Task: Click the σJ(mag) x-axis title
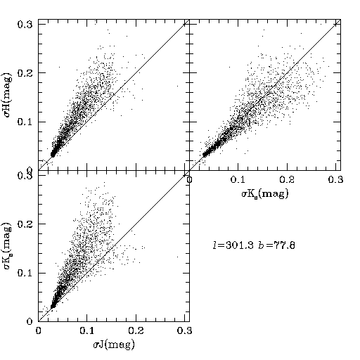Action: click(x=114, y=345)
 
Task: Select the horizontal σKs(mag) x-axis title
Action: click(x=265, y=193)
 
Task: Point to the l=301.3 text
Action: click(x=233, y=245)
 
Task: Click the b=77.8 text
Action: click(x=276, y=245)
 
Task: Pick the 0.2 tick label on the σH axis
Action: click(x=25, y=73)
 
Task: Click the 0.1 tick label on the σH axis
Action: click(x=25, y=122)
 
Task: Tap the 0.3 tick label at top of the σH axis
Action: click(x=25, y=25)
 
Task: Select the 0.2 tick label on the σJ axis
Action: click(x=136, y=330)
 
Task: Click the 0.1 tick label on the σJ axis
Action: click(x=87, y=330)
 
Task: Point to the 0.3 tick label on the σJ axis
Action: click(x=184, y=330)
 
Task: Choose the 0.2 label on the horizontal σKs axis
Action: click(x=287, y=179)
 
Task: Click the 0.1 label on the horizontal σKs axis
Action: click(x=238, y=179)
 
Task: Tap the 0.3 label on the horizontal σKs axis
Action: click(x=335, y=179)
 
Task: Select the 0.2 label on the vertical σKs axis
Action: click(x=25, y=224)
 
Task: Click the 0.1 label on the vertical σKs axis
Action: click(x=25, y=274)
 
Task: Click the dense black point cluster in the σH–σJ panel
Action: click(x=53, y=154)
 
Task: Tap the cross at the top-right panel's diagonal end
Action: click(x=335, y=24)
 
